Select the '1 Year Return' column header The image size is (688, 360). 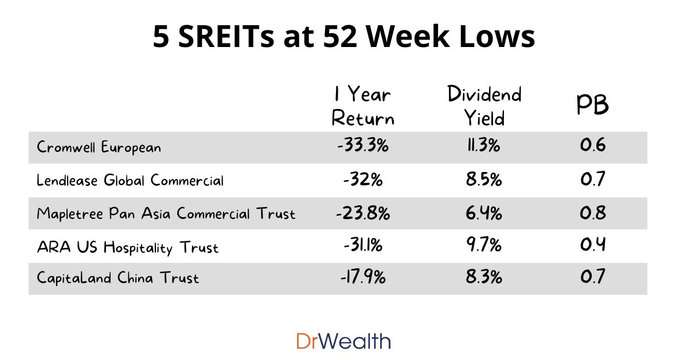[363, 106]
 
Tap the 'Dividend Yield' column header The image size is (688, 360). [484, 106]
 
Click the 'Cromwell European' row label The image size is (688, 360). [99, 147]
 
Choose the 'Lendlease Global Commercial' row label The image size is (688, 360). [130, 180]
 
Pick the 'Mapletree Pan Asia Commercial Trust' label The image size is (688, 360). [166, 214]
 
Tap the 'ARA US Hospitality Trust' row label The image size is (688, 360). [127, 248]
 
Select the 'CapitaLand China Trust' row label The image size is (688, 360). [118, 279]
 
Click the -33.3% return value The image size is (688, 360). [363, 146]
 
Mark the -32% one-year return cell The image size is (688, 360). [363, 179]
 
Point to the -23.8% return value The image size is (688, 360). [363, 213]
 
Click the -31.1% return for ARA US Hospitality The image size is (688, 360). [363, 246]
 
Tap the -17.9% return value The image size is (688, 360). [363, 278]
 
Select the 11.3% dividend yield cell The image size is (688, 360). [483, 146]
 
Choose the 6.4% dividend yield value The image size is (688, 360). [483, 213]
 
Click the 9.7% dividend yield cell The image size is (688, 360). [483, 246]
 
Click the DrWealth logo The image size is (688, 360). [343, 341]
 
